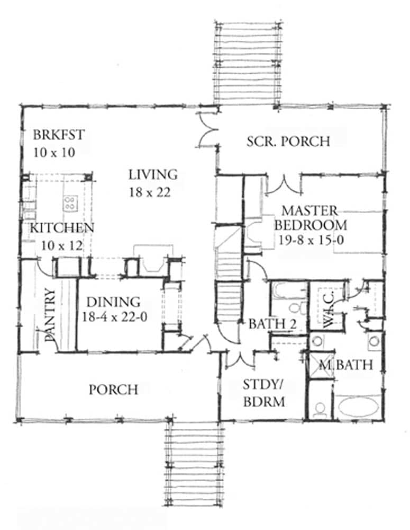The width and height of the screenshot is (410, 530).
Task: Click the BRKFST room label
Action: click(x=59, y=135)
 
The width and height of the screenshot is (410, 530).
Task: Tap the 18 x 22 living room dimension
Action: click(x=150, y=192)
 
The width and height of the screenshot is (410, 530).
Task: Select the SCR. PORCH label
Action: click(x=288, y=142)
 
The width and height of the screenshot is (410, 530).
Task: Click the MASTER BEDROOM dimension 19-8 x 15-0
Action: click(x=311, y=240)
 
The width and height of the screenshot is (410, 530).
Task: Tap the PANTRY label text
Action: click(x=50, y=315)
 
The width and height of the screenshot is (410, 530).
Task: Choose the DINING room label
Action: click(x=113, y=302)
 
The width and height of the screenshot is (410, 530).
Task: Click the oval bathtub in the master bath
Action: click(x=358, y=407)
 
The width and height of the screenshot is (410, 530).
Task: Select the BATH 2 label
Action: click(x=272, y=324)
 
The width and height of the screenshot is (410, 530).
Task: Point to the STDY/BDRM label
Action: click(x=264, y=393)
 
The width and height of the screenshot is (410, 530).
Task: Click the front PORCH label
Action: click(x=113, y=390)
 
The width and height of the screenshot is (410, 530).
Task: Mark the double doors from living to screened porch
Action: click(x=207, y=129)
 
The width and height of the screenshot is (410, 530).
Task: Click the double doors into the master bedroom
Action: click(x=284, y=185)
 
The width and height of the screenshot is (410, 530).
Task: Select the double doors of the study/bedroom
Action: click(x=240, y=360)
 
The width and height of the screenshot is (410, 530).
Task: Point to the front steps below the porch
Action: click(x=194, y=464)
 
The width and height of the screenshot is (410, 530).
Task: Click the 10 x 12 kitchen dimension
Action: click(x=62, y=246)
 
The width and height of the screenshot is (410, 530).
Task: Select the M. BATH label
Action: click(x=346, y=365)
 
